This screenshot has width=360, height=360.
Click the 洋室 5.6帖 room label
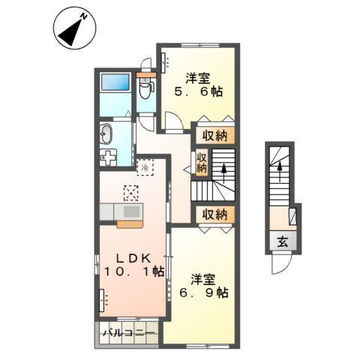(x=200, y=84)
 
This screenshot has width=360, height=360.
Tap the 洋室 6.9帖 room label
(x=203, y=285)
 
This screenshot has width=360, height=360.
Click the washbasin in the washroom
(x=105, y=135)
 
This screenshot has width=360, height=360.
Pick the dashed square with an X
(x=133, y=193)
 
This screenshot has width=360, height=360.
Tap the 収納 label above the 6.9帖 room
(x=214, y=214)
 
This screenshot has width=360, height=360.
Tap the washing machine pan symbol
(x=109, y=158)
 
